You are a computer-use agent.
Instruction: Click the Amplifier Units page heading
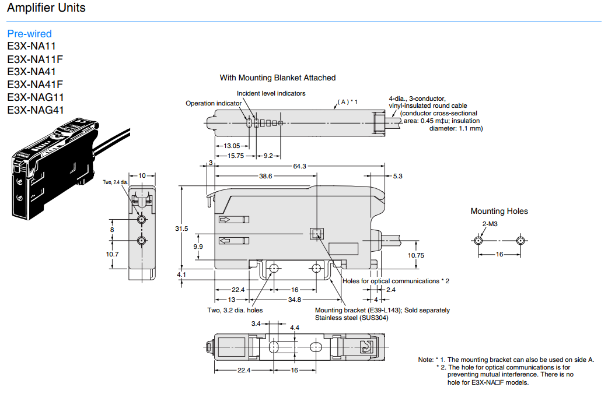pos(46,8)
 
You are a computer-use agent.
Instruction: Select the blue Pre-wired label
pos(29,34)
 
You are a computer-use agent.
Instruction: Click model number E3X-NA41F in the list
pos(35,85)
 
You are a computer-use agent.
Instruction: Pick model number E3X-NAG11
pos(36,97)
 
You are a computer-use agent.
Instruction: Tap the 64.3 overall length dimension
pos(300,167)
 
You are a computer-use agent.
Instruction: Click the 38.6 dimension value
pos(265,176)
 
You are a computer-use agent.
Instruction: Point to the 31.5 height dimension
pos(181,228)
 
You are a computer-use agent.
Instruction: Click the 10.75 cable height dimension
pos(415,255)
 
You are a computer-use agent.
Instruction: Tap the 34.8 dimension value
pos(295,300)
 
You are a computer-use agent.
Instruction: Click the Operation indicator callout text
pos(214,103)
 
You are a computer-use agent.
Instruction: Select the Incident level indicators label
pos(271,93)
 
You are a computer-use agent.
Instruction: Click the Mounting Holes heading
pos(499,211)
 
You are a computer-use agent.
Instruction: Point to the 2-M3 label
pos(489,224)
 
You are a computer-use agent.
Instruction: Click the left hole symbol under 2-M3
pos(478,240)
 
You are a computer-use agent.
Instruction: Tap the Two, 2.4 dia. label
pos(115,182)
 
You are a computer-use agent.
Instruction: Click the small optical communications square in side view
pos(316,234)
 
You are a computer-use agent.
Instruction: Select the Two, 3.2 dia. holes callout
pos(235,310)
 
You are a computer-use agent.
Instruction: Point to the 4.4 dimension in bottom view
pos(295,328)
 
